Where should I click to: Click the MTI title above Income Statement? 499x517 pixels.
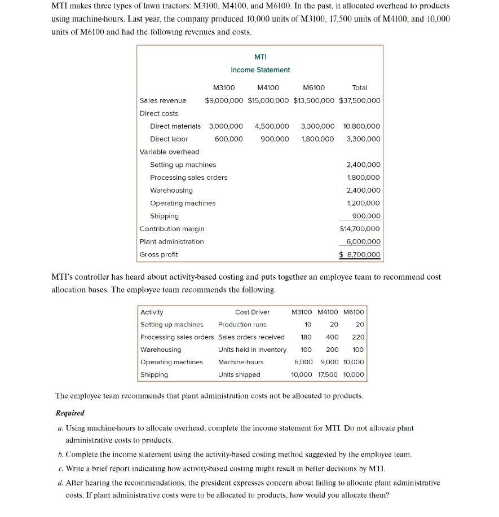pyautogui.click(x=260, y=57)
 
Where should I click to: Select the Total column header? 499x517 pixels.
pyautogui.click(x=359, y=87)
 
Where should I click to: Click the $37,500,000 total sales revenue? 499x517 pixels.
pyautogui.click(x=360, y=100)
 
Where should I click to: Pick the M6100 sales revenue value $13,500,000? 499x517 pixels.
pyautogui.click(x=314, y=100)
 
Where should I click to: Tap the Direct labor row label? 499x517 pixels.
pyautogui.click(x=169, y=139)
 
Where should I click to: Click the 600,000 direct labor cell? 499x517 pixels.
pyautogui.click(x=228, y=139)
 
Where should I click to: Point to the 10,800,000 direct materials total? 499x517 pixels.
pyautogui.click(x=361, y=126)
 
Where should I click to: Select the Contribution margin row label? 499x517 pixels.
pyautogui.click(x=172, y=229)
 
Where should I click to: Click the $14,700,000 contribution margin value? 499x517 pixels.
pyautogui.click(x=360, y=229)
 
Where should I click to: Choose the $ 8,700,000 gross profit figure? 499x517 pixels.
pyautogui.click(x=360, y=255)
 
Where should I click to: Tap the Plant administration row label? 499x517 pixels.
pyautogui.click(x=171, y=241)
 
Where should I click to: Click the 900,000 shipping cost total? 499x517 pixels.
pyautogui.click(x=366, y=216)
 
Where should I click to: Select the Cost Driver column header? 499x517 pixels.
pyautogui.click(x=252, y=312)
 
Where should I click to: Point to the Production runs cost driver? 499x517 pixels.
pyautogui.click(x=242, y=324)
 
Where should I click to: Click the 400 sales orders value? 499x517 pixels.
pyautogui.click(x=332, y=337)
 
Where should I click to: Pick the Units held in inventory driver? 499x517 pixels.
pyautogui.click(x=252, y=350)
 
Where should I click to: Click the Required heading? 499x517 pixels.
pyautogui.click(x=69, y=413)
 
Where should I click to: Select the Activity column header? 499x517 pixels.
pyautogui.click(x=152, y=312)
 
